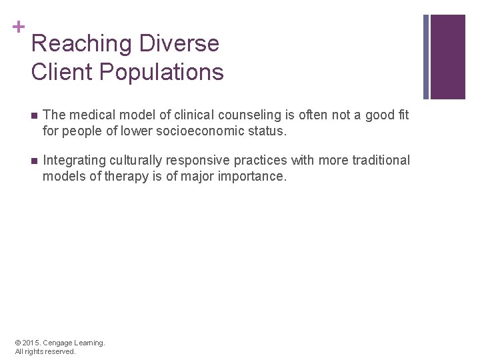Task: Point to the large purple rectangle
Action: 447,57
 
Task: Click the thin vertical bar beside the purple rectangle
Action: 426,57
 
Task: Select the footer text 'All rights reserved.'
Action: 45,351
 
